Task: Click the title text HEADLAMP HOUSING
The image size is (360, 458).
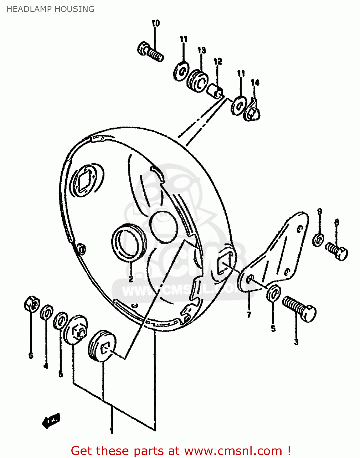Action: click(50, 9)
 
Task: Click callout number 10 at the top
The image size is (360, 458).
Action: click(155, 23)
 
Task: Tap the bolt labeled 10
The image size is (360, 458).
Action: click(150, 52)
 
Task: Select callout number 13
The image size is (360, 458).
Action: click(201, 50)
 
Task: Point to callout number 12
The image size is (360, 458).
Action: click(218, 62)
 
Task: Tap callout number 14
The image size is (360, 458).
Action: click(255, 82)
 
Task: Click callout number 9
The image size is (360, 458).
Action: click(319, 211)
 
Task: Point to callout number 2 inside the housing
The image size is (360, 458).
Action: click(131, 279)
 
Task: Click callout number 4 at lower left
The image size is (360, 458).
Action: click(46, 366)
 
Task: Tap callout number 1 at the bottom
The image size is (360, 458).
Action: click(112, 431)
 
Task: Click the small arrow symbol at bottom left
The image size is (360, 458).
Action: click(51, 421)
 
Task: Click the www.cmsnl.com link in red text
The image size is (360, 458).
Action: click(233, 451)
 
